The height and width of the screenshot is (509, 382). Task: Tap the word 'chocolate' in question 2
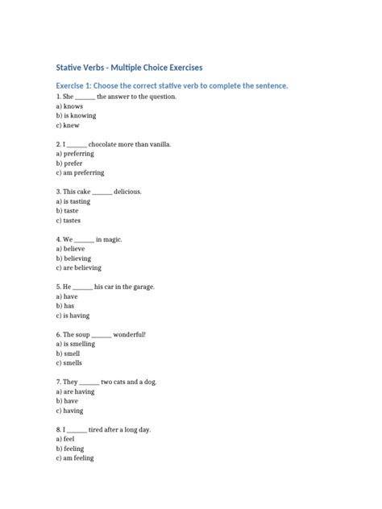pyautogui.click(x=114, y=144)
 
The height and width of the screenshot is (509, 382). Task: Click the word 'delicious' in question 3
pyautogui.click(x=127, y=192)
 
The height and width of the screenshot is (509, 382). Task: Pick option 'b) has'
pyautogui.click(x=67, y=306)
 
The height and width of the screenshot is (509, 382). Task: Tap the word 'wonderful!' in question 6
pyautogui.click(x=131, y=334)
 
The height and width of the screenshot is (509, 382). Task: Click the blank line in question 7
pyautogui.click(x=89, y=382)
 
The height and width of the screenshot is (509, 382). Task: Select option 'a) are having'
pyautogui.click(x=75, y=391)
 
